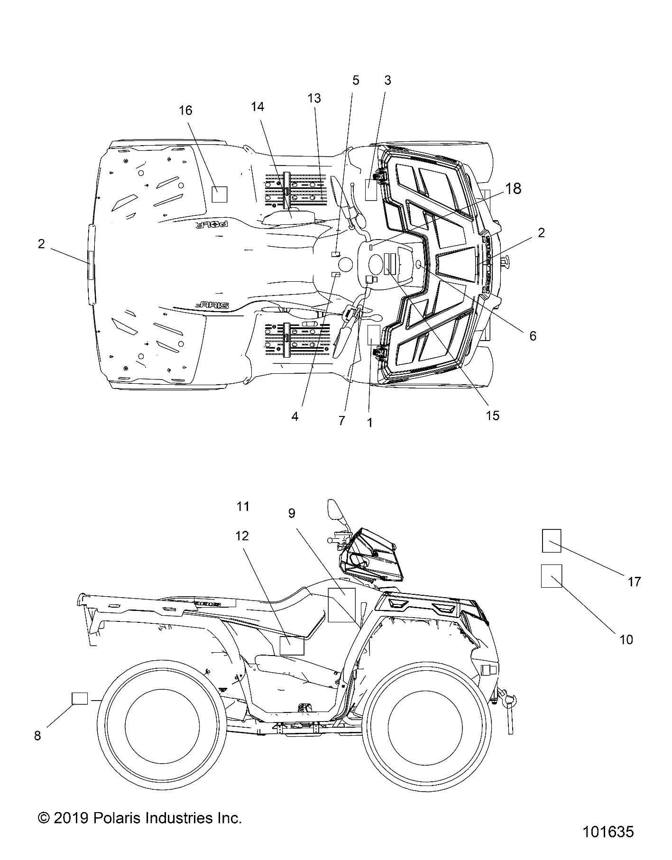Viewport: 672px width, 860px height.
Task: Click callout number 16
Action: [185, 111]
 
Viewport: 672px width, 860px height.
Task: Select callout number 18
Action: [513, 189]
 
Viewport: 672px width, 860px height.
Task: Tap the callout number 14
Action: [258, 107]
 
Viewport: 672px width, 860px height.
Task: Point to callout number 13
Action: [314, 98]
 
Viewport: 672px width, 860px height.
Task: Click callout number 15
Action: [493, 416]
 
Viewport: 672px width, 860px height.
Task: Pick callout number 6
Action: [533, 336]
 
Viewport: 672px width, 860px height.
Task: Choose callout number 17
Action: [635, 582]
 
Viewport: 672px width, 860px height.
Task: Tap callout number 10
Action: [626, 639]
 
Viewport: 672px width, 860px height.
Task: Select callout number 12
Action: [242, 536]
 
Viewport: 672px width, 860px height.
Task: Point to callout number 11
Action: [243, 507]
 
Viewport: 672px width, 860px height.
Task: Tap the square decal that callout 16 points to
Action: [219, 194]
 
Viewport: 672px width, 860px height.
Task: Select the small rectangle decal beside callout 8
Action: [80, 698]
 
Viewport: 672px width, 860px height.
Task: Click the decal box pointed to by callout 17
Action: [552, 541]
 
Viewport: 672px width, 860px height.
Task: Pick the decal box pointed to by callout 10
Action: [551, 576]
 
